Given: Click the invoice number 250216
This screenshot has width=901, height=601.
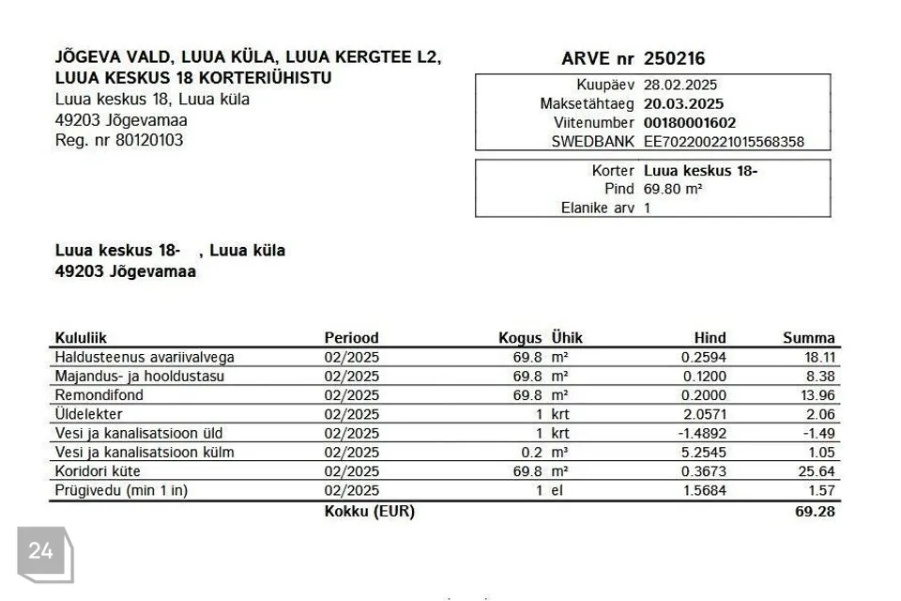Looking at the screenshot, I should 674,58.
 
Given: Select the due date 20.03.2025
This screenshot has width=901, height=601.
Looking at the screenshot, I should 683,104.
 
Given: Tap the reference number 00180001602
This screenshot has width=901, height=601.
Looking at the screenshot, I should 690,123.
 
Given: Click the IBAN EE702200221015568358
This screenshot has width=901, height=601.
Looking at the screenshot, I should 724,143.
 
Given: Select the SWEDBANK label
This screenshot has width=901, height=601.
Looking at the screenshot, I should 592,143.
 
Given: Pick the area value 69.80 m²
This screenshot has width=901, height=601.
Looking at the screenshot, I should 673,189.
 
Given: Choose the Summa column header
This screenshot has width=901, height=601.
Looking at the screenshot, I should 808,338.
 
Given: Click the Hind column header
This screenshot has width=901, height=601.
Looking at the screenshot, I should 710,338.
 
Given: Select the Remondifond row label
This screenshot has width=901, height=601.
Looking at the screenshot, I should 99,395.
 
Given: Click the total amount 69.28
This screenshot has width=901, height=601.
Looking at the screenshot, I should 815,512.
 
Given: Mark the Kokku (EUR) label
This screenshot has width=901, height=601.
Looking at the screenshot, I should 369,512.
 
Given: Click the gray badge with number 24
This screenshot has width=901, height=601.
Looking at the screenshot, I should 42,552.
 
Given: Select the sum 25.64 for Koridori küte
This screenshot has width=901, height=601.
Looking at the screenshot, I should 816,471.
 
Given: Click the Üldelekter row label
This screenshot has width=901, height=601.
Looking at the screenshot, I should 89,414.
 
